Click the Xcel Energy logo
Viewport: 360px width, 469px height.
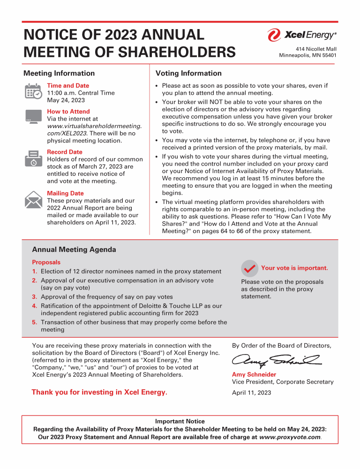tap(301, 35)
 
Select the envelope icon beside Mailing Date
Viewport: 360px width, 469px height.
tap(33, 199)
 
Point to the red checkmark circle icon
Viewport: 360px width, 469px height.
tap(249, 268)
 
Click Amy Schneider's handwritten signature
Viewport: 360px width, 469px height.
tap(276, 361)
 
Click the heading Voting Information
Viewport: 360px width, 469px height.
tap(188, 73)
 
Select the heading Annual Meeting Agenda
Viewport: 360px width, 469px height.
tap(74, 250)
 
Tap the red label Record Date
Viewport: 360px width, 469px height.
tap(65, 152)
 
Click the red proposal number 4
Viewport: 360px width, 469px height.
tap(34, 306)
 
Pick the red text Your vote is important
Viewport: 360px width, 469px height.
tap(294, 268)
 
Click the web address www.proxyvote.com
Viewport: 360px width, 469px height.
tap(290, 437)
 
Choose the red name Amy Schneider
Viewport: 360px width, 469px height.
tap(254, 375)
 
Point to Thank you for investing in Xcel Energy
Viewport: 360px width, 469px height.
tap(99, 392)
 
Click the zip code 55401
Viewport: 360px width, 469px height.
tap(328, 55)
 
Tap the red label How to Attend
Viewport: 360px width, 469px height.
tap(68, 112)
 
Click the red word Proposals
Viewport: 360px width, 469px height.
tap(46, 262)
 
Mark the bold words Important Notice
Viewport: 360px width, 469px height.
tap(180, 422)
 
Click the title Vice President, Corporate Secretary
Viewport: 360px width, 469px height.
tap(283, 382)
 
